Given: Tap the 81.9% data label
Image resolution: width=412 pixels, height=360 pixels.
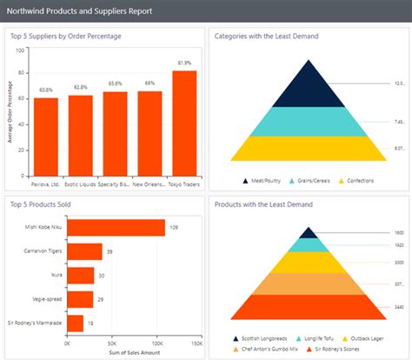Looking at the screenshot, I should coord(184,63).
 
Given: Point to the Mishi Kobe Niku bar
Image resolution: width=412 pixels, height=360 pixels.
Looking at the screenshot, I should coord(116,228).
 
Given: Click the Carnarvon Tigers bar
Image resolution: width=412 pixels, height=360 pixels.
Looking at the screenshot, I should coord(84,251).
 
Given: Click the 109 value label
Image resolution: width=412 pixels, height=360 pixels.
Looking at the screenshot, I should coord(174,228).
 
